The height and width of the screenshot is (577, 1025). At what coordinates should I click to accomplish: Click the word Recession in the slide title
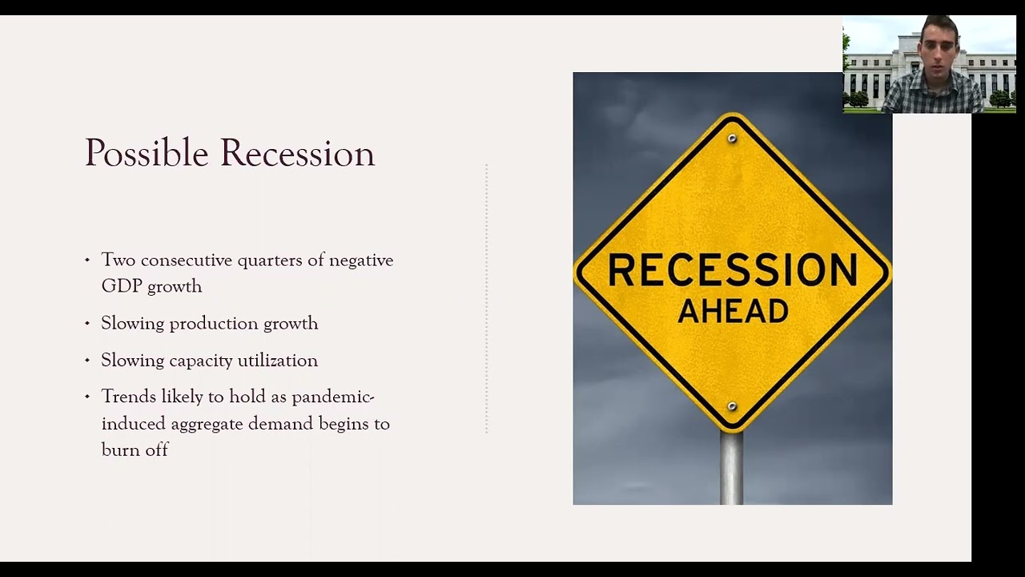[297, 153]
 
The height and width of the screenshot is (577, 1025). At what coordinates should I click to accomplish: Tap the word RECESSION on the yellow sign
[733, 271]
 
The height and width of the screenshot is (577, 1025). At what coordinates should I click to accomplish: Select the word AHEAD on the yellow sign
[733, 311]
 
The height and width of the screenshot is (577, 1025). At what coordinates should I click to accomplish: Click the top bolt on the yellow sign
[732, 139]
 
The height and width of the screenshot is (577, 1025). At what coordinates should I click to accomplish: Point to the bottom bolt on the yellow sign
[732, 406]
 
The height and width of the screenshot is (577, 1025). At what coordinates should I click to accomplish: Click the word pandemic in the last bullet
[332, 397]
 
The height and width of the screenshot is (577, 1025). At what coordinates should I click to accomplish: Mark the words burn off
[135, 450]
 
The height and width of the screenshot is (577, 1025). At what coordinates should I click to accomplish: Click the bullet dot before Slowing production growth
[87, 324]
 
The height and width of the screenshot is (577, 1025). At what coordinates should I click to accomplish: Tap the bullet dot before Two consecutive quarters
[87, 260]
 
